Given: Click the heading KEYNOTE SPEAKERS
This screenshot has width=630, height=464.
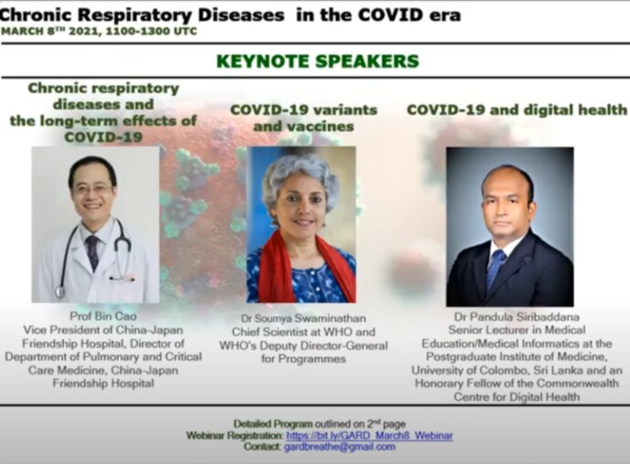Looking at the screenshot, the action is [318, 61].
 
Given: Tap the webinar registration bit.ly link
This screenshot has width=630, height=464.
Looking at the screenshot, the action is [369, 436].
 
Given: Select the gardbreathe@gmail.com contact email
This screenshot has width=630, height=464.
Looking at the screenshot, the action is [340, 447].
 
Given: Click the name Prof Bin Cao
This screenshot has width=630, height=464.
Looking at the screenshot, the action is [103, 316].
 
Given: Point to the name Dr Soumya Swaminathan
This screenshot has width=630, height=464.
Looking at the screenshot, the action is [303, 319].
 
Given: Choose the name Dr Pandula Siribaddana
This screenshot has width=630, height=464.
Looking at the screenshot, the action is [517, 317].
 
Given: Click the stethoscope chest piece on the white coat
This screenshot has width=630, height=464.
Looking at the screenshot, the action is [60, 291].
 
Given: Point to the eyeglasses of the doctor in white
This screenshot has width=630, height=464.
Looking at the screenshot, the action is [93, 189].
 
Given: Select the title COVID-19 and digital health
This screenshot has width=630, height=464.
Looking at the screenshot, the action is [517, 110].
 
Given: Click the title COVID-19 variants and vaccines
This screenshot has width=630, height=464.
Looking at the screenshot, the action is [304, 118].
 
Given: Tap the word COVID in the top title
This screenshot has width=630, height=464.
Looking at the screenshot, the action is [390, 16].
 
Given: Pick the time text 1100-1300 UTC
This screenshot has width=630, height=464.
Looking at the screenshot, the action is [151, 31].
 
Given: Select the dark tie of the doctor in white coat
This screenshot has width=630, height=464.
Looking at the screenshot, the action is [93, 252].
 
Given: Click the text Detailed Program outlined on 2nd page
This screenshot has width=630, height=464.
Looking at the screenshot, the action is [320, 424].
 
